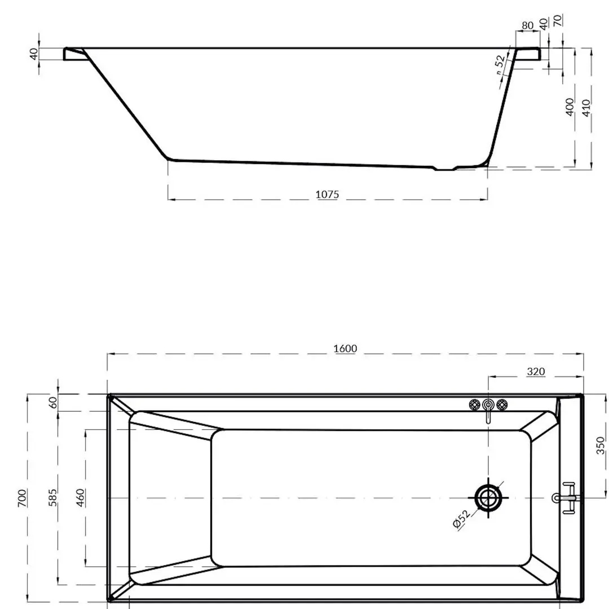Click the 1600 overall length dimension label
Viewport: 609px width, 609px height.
click(x=345, y=348)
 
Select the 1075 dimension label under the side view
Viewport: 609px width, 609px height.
click(x=327, y=195)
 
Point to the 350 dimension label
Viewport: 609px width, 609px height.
click(x=600, y=445)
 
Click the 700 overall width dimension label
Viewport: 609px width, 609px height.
click(x=22, y=499)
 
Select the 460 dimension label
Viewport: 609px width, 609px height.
click(x=81, y=497)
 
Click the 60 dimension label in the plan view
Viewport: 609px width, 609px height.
click(x=53, y=403)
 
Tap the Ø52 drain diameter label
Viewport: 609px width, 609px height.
click(x=461, y=518)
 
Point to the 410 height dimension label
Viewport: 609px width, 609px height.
click(x=585, y=107)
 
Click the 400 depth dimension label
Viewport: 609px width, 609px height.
click(x=570, y=107)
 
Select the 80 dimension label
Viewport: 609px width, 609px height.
click(x=527, y=25)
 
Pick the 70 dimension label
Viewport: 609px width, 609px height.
click(x=558, y=21)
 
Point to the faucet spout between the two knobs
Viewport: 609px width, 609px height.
click(x=488, y=409)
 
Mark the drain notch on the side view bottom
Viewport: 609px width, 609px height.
click(x=445, y=168)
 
